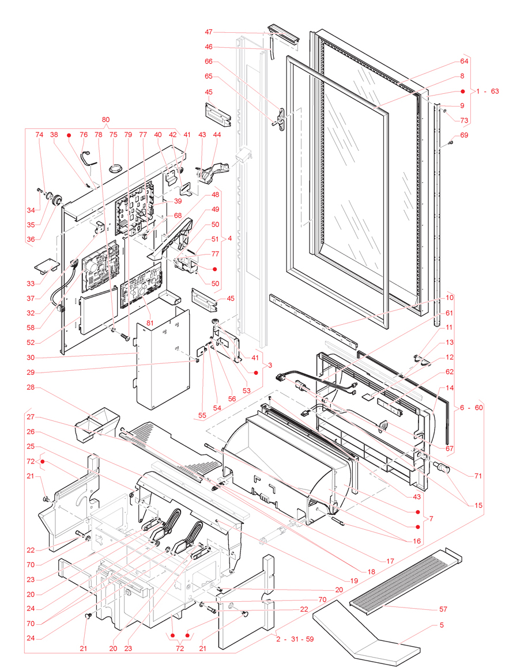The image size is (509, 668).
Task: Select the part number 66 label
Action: [x=208, y=61]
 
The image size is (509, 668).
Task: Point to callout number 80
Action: [x=105, y=120]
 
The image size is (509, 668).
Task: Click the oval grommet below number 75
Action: [x=114, y=168]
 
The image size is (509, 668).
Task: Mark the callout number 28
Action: [x=31, y=387]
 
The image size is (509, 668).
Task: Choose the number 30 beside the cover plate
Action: [x=31, y=357]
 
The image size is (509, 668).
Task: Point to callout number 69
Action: [x=464, y=135]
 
